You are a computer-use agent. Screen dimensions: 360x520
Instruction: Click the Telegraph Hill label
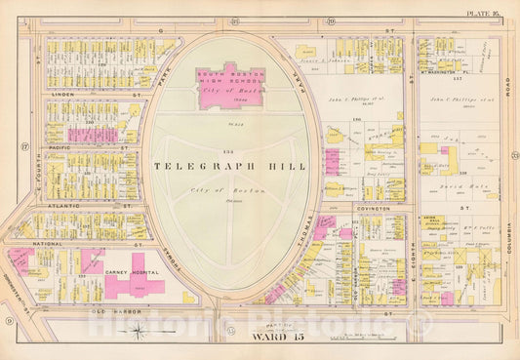tap(229, 166)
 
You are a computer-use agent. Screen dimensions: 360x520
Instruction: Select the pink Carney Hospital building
tap(135, 284)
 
